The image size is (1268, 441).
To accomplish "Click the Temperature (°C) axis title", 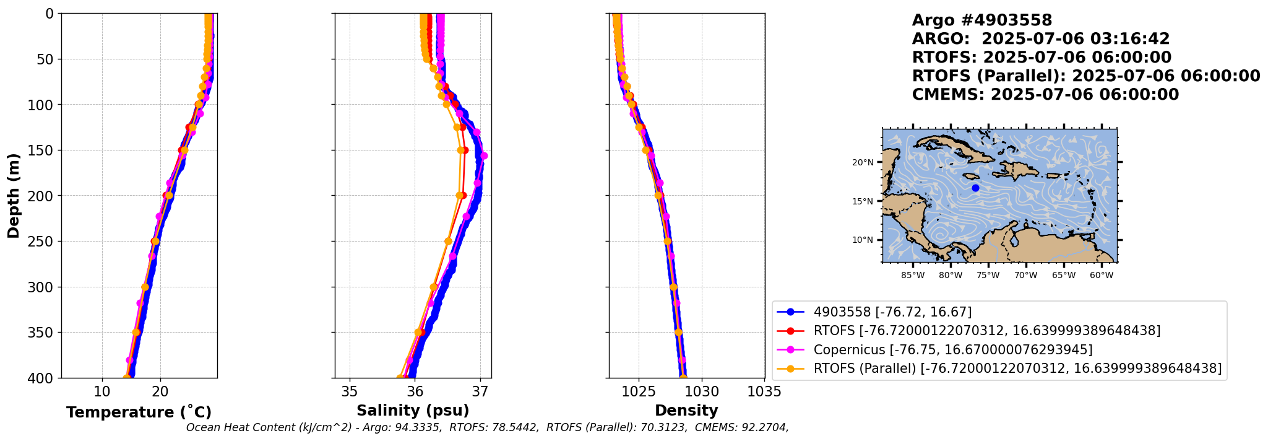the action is tap(139, 413).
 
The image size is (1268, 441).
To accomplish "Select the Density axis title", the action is tap(686, 411).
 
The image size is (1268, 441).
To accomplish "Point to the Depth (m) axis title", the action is tap(14, 195).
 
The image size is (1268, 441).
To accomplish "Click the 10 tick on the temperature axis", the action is tap(102, 391).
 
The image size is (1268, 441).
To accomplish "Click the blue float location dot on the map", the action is tap(975, 188).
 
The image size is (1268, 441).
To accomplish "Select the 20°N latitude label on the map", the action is tap(863, 162).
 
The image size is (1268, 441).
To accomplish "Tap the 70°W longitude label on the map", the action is tap(1025, 275).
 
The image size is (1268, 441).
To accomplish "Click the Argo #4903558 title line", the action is tap(982, 20).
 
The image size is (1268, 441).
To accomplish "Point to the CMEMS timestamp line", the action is tap(1045, 95).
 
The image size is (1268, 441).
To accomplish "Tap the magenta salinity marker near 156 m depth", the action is tap(484, 156).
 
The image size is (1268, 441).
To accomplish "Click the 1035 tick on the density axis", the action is tap(764, 391).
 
